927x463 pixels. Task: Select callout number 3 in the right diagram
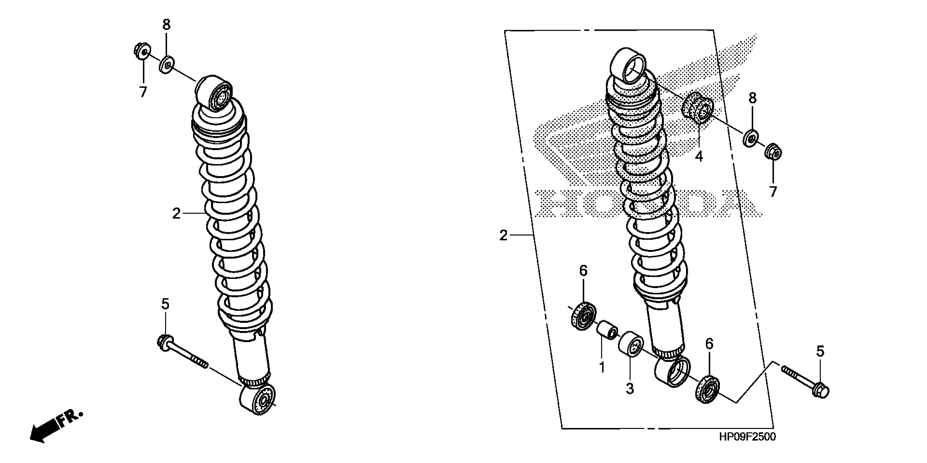click(629, 389)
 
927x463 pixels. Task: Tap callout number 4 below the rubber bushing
click(698, 157)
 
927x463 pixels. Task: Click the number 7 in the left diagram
click(143, 92)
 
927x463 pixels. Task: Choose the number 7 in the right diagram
click(773, 192)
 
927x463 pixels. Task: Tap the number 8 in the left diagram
click(166, 25)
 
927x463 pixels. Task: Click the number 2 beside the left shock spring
click(176, 214)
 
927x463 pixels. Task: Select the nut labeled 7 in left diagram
click(141, 51)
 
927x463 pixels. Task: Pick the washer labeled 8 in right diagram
click(750, 138)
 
